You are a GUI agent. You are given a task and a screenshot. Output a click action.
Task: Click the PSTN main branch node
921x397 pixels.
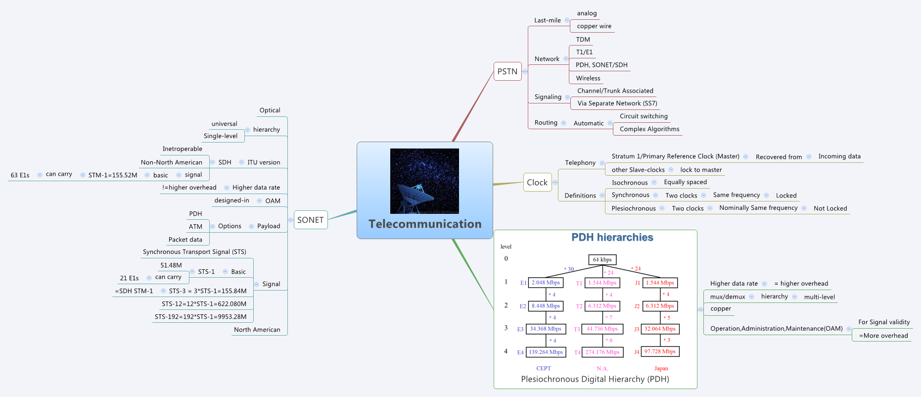pyautogui.click(x=507, y=71)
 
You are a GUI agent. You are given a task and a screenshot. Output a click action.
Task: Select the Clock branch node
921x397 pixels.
pyautogui.click(x=537, y=182)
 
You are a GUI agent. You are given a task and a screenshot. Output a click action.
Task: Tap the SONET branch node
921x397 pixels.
pyautogui.click(x=311, y=220)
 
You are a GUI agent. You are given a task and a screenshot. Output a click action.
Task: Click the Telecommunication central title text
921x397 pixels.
pyautogui.click(x=425, y=224)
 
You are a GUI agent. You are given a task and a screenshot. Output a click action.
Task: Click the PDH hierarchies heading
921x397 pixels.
pyautogui.click(x=612, y=238)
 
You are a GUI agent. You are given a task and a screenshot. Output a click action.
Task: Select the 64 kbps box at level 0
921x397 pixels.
pyautogui.click(x=602, y=259)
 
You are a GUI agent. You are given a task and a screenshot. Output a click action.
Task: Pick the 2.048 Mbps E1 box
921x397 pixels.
pyautogui.click(x=546, y=283)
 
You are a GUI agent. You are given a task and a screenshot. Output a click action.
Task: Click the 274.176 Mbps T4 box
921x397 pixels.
pyautogui.click(x=602, y=352)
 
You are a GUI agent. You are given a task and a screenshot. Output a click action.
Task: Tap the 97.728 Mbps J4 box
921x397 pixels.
pyautogui.click(x=660, y=351)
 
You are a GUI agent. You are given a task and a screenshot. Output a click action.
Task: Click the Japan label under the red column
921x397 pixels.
pyautogui.click(x=661, y=368)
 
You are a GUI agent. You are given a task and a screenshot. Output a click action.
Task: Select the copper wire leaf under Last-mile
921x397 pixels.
pyautogui.click(x=594, y=26)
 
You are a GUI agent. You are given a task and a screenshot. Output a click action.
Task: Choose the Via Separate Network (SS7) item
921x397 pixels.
pyautogui.click(x=617, y=103)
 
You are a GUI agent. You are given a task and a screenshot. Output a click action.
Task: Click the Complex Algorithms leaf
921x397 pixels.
pyautogui.click(x=649, y=129)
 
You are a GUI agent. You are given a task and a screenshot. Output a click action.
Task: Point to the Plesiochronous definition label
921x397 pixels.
pyautogui.click(x=634, y=208)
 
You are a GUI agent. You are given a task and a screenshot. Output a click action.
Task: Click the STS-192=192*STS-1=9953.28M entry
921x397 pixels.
pyautogui.click(x=200, y=317)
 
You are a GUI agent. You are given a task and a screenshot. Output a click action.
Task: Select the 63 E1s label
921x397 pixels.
pyautogui.click(x=20, y=175)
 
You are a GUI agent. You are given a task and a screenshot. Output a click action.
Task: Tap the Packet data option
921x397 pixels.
pyautogui.click(x=185, y=240)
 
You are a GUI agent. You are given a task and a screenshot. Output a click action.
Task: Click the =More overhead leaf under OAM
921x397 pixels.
pyautogui.click(x=883, y=336)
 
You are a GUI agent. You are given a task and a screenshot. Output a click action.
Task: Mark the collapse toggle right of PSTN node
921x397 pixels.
pyautogui.click(x=525, y=71)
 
